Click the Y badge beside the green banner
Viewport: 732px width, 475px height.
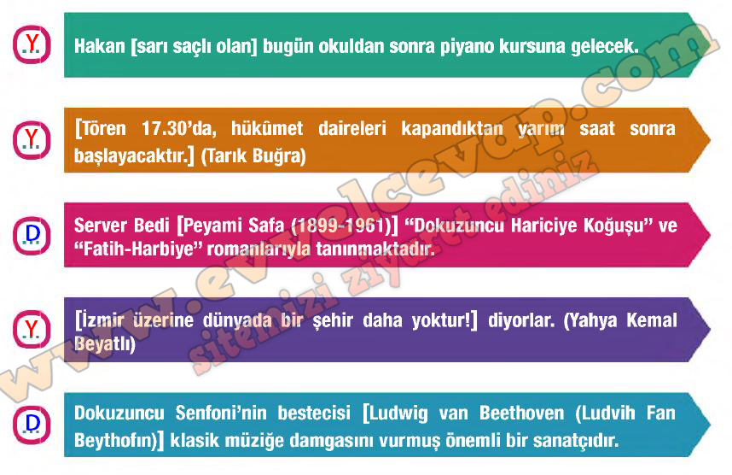[x=32, y=45]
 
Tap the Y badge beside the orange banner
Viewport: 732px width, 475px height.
[x=32, y=140]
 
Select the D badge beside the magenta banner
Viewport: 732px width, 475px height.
[x=32, y=235]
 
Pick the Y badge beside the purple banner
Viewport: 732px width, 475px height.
[x=32, y=330]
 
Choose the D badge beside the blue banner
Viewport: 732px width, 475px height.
[x=32, y=425]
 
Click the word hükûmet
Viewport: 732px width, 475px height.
[x=267, y=128]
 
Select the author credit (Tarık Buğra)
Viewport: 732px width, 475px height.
[x=253, y=155]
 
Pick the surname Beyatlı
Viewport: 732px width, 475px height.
[x=105, y=344]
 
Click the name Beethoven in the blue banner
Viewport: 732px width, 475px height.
[x=521, y=413]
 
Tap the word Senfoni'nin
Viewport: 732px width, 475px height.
[x=221, y=413]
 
